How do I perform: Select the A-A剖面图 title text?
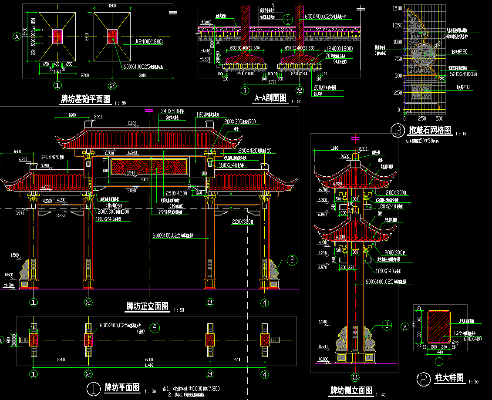point(270,98)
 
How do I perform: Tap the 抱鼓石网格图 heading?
point(430,130)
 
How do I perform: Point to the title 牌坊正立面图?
point(147,306)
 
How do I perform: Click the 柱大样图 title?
point(449,378)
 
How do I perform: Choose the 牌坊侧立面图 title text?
point(351,390)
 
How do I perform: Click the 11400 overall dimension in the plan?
point(148,365)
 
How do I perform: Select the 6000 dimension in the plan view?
point(148,360)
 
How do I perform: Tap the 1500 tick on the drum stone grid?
point(397,8)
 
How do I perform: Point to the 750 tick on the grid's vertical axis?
point(397,59)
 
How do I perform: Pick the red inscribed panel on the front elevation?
point(149,168)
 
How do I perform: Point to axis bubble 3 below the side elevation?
point(355,377)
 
